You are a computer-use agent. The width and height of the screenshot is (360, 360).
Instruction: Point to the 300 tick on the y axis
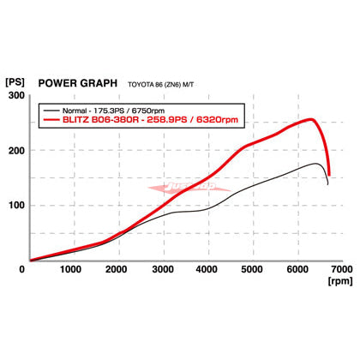[x=14, y=96]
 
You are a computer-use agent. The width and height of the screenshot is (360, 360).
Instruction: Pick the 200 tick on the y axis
[x=14, y=151]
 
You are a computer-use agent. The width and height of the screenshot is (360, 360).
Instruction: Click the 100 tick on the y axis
[x=14, y=206]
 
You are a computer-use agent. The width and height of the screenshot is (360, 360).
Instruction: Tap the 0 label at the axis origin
[x=22, y=269]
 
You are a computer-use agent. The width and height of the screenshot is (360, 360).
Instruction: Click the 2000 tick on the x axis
[x=116, y=269]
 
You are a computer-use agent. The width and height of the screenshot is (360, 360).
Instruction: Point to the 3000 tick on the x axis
[x=161, y=269]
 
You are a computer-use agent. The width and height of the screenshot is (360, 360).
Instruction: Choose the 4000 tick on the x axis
[x=207, y=269]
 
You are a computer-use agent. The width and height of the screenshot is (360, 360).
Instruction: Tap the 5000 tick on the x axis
[x=252, y=269]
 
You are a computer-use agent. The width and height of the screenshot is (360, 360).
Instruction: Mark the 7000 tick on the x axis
[x=341, y=269]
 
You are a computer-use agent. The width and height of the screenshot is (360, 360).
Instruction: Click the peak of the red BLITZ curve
[x=311, y=119]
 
